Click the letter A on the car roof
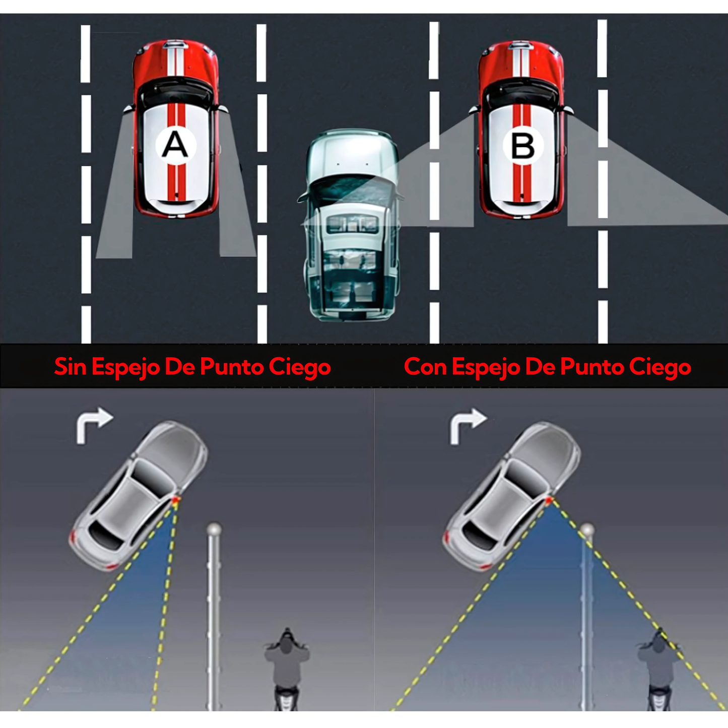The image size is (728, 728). [x=175, y=146]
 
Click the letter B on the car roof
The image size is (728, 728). [x=522, y=147]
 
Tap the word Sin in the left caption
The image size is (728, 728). [x=70, y=367]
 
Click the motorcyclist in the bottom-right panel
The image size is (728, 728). [x=659, y=665]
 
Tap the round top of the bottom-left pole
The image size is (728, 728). [x=214, y=530]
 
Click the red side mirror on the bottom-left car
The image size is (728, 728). [x=176, y=499]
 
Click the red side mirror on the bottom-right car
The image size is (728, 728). [x=549, y=500]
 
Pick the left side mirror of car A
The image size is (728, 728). [x=128, y=109]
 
